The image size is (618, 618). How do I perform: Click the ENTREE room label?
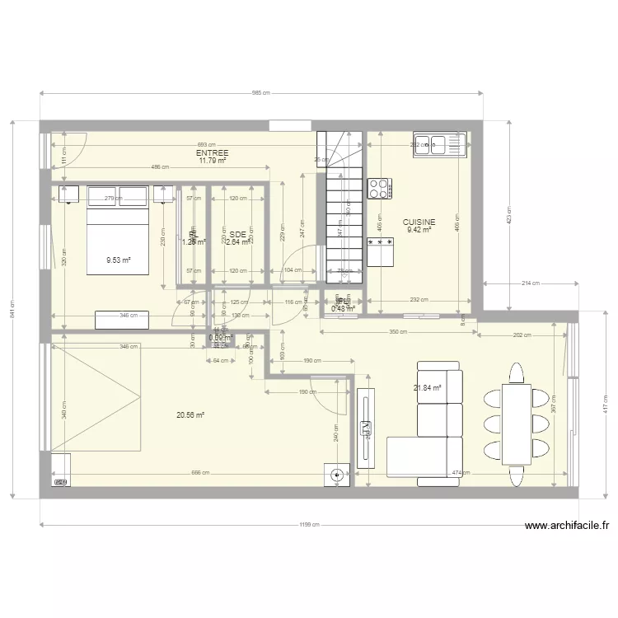[x=213, y=153]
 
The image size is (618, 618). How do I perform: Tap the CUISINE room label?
[x=419, y=222]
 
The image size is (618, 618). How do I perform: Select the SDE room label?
[x=238, y=234]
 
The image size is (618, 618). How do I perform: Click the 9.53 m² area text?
[x=119, y=260]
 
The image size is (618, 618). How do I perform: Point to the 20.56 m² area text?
[x=190, y=415]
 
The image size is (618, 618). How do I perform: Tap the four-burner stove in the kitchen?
[x=380, y=190]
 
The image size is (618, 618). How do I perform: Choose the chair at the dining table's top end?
[x=517, y=375]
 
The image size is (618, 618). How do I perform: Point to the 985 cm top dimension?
[x=261, y=94]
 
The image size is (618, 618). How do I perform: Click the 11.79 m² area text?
[x=213, y=161]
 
